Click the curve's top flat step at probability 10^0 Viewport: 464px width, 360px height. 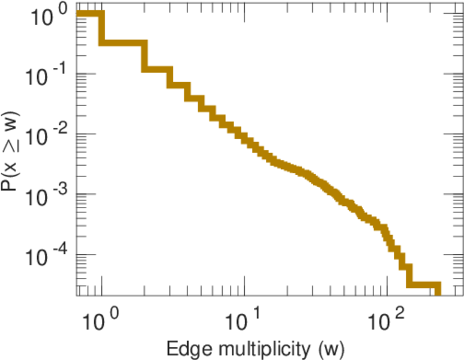click(x=89, y=14)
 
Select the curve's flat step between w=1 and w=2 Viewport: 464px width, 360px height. click(x=123, y=44)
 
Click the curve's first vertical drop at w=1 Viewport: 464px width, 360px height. click(x=101, y=29)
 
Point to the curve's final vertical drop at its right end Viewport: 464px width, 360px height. click(x=438, y=290)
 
